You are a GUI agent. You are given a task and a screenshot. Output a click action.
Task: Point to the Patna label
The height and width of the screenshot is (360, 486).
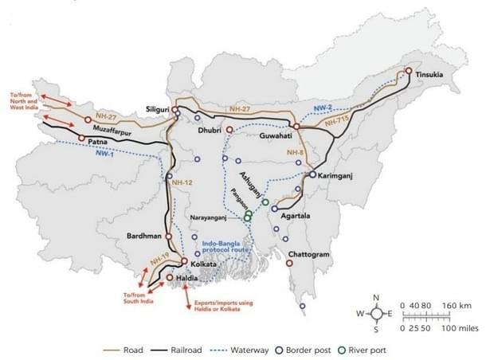(x=98, y=143)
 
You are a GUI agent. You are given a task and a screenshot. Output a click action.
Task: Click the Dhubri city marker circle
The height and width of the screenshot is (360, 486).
(x=229, y=129)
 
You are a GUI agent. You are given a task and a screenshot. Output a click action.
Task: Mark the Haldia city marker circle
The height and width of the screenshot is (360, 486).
(x=170, y=277)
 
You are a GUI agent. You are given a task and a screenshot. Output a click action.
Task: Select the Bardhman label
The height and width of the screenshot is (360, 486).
(x=143, y=237)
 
